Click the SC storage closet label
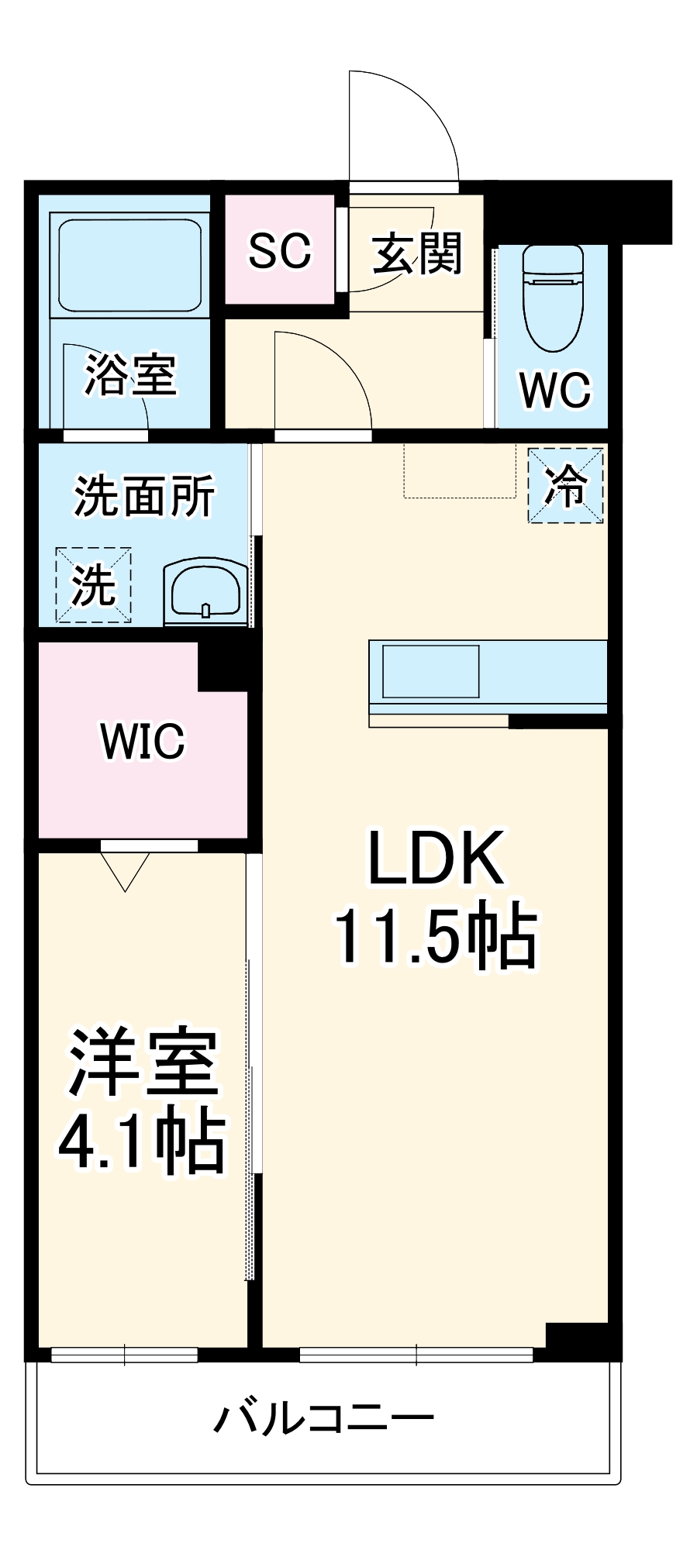(279, 250)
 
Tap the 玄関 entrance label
(417, 253)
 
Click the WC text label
(555, 390)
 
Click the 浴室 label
(130, 375)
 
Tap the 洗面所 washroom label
(144, 496)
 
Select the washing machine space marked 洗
(93, 585)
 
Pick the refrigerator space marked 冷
(566, 486)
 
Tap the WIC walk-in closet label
(143, 741)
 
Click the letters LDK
(436, 858)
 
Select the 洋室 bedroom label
(143, 1063)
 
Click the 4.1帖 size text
(143, 1143)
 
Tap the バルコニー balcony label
(324, 1420)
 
